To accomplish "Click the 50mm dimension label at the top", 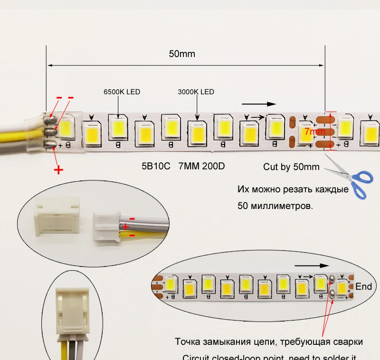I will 182,54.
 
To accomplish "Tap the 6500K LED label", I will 122,92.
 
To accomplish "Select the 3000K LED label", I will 196,92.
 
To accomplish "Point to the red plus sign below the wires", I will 58,169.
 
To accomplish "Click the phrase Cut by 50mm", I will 291,167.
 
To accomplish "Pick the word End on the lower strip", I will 364,286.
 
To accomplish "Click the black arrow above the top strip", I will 258,104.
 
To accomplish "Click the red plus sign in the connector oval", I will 126,226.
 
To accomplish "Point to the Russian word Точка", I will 188,341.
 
